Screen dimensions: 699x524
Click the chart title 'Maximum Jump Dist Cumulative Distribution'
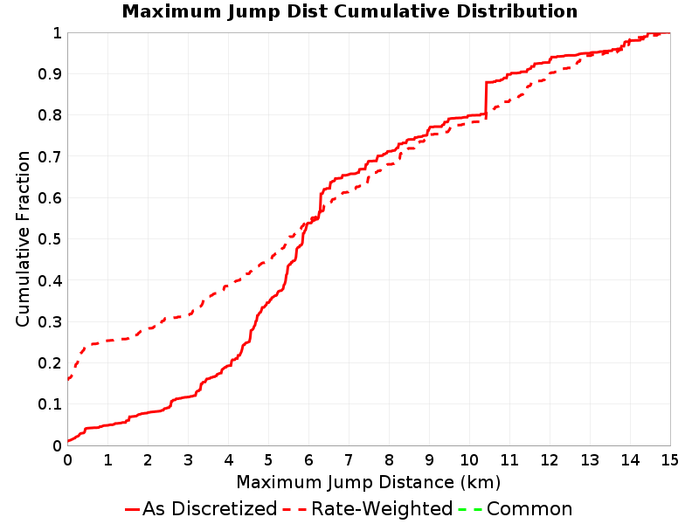pyautogui.click(x=349, y=11)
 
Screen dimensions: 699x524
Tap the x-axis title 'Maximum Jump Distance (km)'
pyautogui.click(x=368, y=483)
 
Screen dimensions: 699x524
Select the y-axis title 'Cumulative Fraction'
pyautogui.click(x=23, y=238)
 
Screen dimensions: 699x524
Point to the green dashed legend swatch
pyautogui.click(x=470, y=509)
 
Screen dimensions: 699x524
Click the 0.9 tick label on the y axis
pyautogui.click(x=50, y=74)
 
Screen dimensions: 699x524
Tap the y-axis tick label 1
pyautogui.click(x=57, y=33)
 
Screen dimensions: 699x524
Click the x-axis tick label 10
pyautogui.click(x=469, y=460)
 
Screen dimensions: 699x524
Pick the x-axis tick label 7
pyautogui.click(x=349, y=460)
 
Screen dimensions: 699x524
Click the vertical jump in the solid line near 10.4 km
pyautogui.click(x=486, y=99)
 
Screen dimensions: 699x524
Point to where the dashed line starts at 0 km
pyautogui.click(x=68, y=379)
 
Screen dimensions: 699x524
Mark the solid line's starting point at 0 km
pyautogui.click(x=68, y=441)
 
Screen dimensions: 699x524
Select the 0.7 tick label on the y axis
pyautogui.click(x=50, y=157)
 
